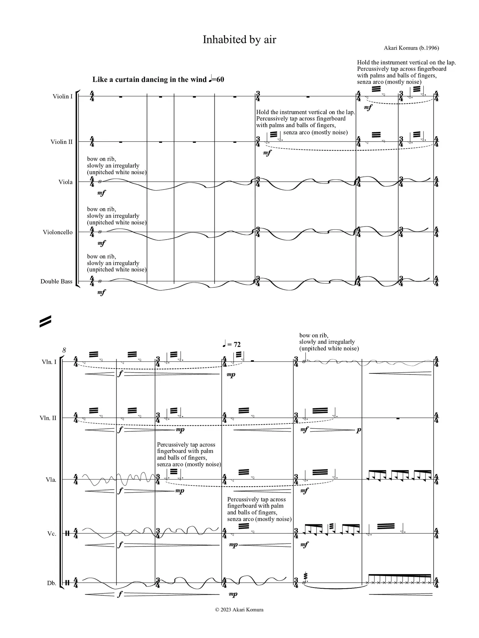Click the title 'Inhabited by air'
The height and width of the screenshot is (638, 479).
239,40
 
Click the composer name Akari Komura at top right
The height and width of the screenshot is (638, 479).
411,48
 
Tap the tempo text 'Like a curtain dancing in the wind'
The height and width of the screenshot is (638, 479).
149,80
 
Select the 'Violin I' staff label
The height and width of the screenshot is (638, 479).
62,96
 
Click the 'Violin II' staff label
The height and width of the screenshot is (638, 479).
61,142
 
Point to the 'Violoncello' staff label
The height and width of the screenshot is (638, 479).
58,232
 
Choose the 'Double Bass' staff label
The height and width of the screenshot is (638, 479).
56,281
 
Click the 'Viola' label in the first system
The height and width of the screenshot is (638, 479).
65,182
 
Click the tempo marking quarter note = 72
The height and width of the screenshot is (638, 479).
232,345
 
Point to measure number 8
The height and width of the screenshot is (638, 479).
64,350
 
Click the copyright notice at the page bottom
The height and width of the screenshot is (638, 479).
239,610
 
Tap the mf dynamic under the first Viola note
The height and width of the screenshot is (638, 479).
101,193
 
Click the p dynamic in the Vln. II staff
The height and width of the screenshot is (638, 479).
359,430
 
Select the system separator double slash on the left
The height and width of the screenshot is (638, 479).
45,321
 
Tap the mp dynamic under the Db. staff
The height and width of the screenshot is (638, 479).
233,594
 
